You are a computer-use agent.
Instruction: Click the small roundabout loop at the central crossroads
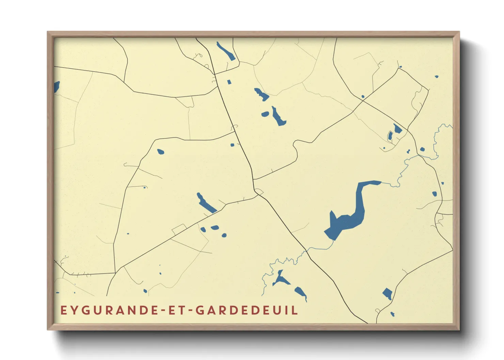259,192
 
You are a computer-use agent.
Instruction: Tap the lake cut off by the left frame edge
57,86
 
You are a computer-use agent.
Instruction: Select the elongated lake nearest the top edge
225,51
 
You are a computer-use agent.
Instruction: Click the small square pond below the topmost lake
229,82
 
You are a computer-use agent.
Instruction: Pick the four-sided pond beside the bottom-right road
387,293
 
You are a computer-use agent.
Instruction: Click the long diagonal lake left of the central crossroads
206,203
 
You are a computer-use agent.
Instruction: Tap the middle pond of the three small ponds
215,228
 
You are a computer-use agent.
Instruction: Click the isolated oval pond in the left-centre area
160,151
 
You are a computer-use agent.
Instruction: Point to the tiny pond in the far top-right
437,77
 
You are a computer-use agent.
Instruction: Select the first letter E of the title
63,310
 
